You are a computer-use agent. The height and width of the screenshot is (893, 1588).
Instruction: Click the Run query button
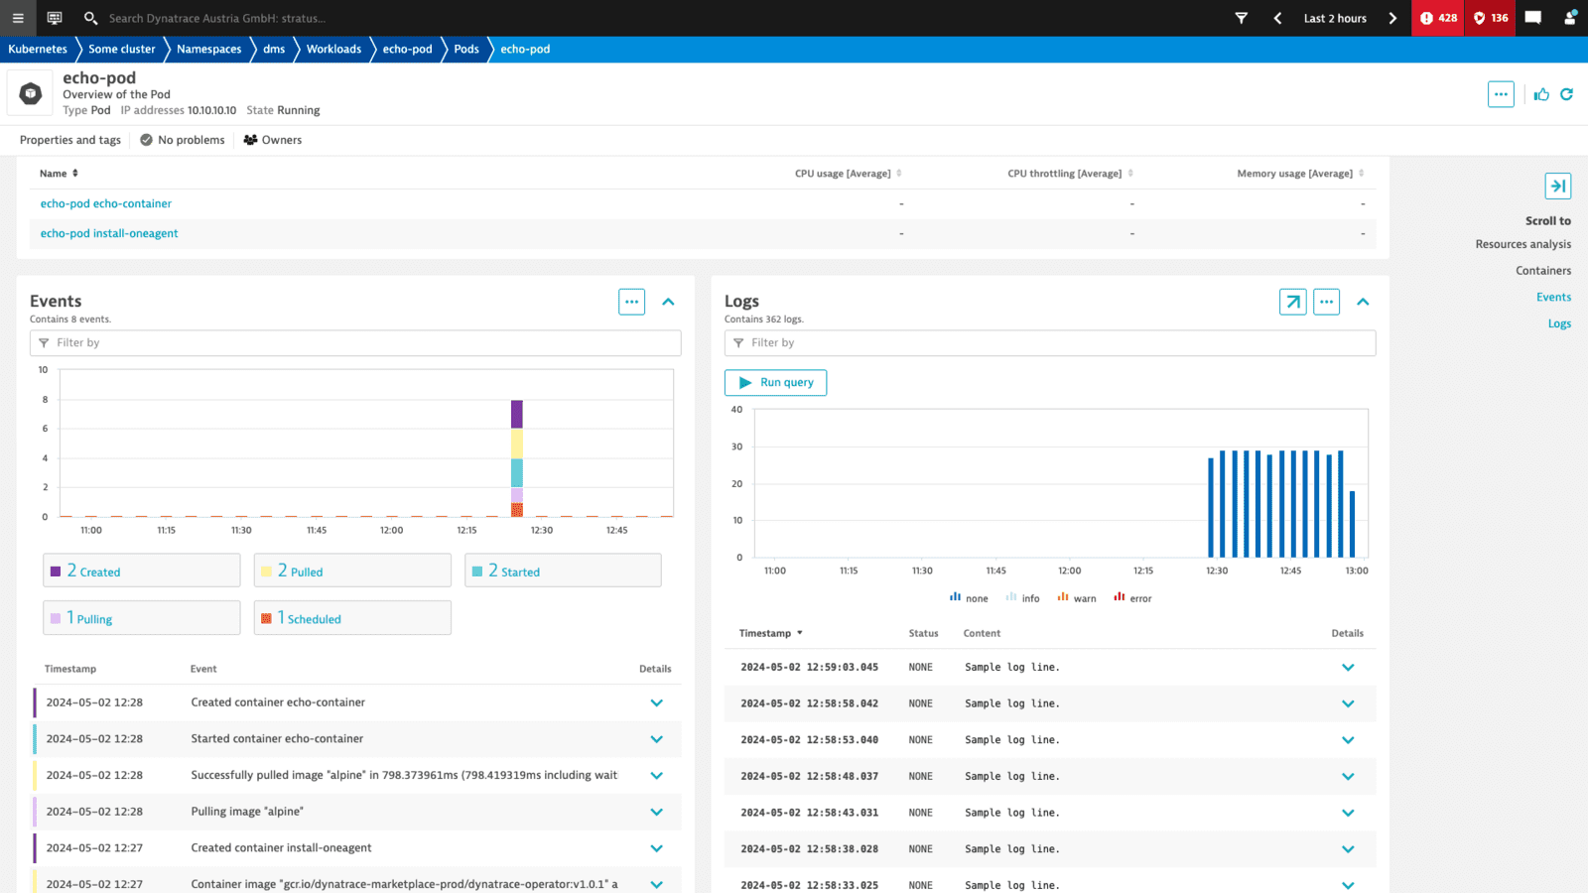[775, 382]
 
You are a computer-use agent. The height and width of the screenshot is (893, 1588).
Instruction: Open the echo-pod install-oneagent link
[109, 233]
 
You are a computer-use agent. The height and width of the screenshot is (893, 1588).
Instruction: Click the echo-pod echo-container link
[105, 203]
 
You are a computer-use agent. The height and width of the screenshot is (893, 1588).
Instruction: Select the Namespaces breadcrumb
[208, 49]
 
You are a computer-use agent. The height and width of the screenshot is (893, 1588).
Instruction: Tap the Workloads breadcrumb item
[333, 49]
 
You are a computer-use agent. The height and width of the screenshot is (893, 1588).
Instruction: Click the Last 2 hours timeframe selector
[1334, 18]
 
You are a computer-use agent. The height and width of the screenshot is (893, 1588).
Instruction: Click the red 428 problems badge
[1437, 18]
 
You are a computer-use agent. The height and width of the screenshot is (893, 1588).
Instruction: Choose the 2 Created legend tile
[141, 571]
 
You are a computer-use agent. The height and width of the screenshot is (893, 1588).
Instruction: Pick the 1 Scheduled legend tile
[352, 618]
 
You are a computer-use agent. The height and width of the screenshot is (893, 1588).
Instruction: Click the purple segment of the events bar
[517, 414]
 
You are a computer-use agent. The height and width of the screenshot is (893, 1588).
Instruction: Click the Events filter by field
[355, 342]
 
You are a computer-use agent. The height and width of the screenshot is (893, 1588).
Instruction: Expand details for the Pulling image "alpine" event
[656, 812]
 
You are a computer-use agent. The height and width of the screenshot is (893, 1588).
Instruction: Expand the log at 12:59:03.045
[1347, 668]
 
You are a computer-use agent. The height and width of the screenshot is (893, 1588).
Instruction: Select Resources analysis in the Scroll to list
[1522, 244]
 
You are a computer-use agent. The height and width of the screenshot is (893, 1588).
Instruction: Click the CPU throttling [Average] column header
[1064, 174]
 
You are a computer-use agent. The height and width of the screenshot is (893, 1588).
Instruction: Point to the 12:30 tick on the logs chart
[1217, 571]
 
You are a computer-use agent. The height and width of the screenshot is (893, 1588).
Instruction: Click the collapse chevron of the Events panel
[668, 302]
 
